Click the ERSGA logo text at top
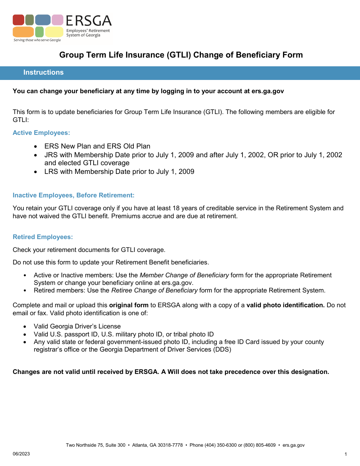89,21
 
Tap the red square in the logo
18,20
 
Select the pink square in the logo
57,20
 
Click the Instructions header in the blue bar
44,73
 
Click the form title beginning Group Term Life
181,55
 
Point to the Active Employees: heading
41,133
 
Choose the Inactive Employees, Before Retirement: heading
74,195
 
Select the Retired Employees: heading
43,237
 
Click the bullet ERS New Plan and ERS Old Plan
97,146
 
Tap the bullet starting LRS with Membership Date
119,172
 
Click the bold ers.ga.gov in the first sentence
268,91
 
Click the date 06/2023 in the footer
21,454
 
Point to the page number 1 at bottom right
346,454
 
